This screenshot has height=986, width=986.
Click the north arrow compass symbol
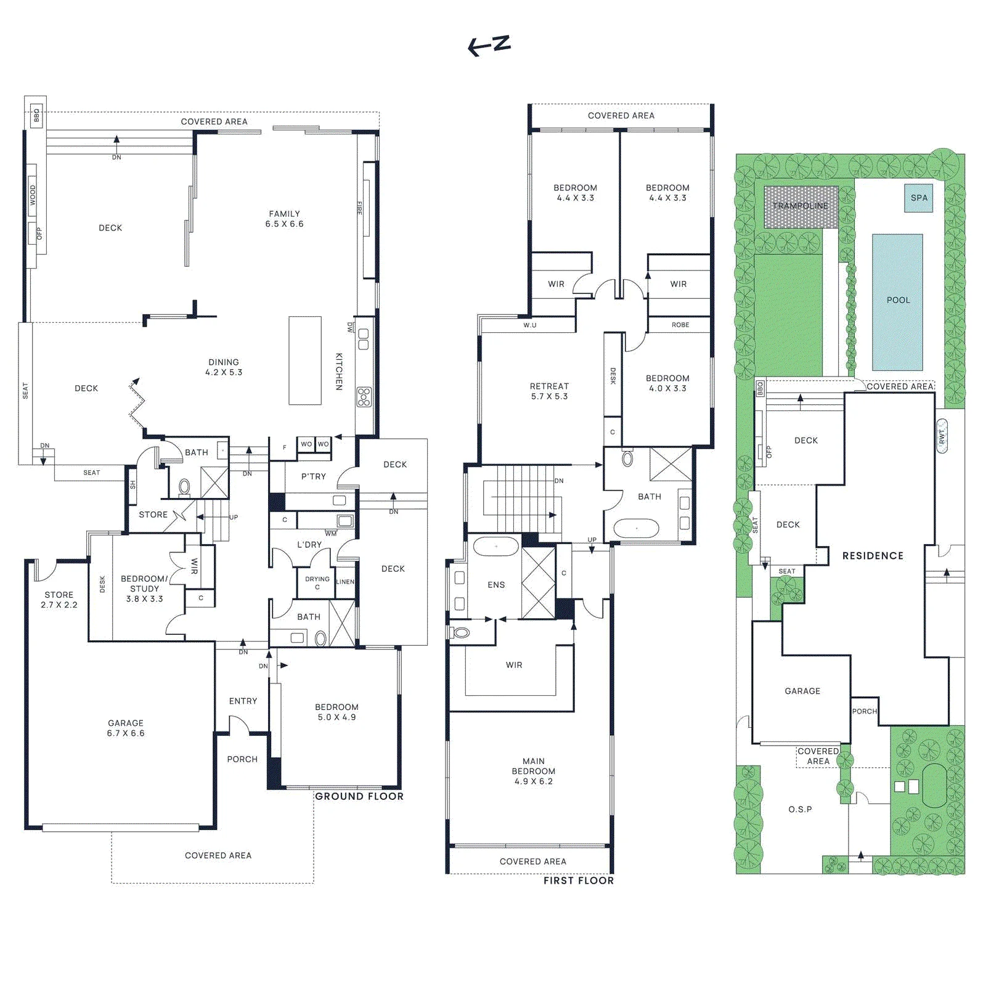tap(489, 45)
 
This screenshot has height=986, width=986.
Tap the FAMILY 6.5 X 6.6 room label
tap(284, 219)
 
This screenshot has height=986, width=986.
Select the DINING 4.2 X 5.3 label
tap(224, 367)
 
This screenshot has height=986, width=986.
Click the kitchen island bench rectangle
tap(305, 361)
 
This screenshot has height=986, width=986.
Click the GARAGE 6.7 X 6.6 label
tap(126, 728)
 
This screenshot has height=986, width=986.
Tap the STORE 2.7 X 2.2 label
tap(59, 600)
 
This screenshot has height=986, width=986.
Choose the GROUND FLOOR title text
tap(359, 796)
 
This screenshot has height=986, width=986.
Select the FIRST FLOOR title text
tap(579, 881)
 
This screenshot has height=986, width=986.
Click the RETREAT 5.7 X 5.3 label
tap(549, 391)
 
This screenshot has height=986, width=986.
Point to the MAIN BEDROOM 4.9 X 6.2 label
tap(534, 771)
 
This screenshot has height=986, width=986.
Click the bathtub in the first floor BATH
tap(637, 529)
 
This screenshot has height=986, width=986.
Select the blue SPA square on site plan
tap(919, 198)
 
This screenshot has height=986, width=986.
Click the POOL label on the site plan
tap(898, 300)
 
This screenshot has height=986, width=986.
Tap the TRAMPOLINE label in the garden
tap(801, 206)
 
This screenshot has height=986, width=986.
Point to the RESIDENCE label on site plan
tap(873, 556)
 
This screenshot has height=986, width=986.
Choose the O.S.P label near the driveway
tap(801, 809)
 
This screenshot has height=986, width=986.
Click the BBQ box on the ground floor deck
tap(36, 115)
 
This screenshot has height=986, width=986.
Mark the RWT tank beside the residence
tap(942, 436)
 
